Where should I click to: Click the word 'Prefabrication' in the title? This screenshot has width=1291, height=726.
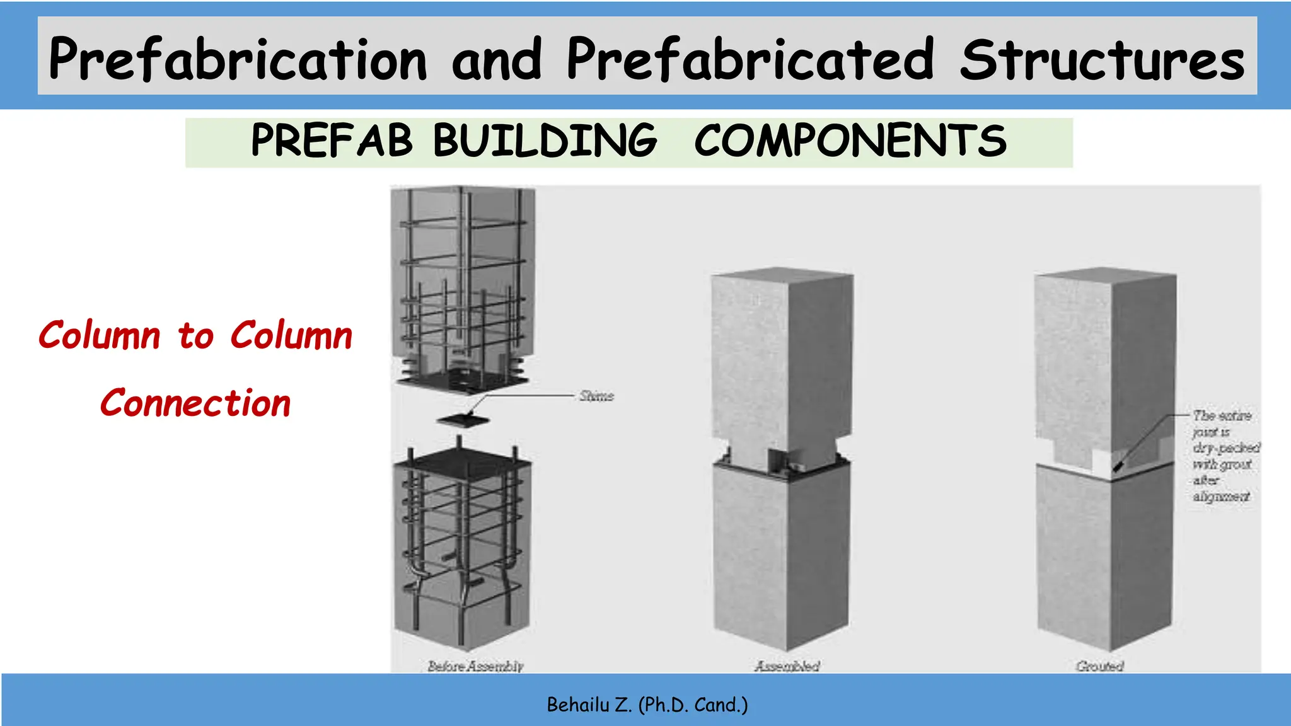click(x=238, y=59)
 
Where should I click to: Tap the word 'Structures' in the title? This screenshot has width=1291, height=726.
click(x=1102, y=59)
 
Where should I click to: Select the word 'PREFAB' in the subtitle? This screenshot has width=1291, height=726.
click(x=332, y=140)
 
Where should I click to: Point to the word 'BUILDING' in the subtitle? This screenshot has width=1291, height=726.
click(x=545, y=140)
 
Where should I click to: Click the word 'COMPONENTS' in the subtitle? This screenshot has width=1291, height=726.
click(x=850, y=140)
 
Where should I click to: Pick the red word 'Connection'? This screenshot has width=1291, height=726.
click(x=195, y=403)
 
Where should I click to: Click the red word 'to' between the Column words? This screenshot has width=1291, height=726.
click(x=196, y=336)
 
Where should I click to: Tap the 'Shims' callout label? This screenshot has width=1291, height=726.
click(x=596, y=396)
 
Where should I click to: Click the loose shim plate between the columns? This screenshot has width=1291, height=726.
click(x=463, y=420)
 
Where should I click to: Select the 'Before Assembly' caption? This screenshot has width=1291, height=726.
click(x=475, y=665)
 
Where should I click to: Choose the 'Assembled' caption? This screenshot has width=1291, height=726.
click(x=787, y=665)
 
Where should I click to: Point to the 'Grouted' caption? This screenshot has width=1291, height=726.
click(x=1099, y=665)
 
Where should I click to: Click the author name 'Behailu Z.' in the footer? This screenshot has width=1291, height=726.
click(x=589, y=705)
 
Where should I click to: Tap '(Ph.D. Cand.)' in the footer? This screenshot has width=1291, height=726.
click(x=693, y=705)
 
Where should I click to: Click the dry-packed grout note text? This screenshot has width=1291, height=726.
click(x=1224, y=456)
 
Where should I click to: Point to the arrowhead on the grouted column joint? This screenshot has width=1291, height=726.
click(x=1118, y=468)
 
